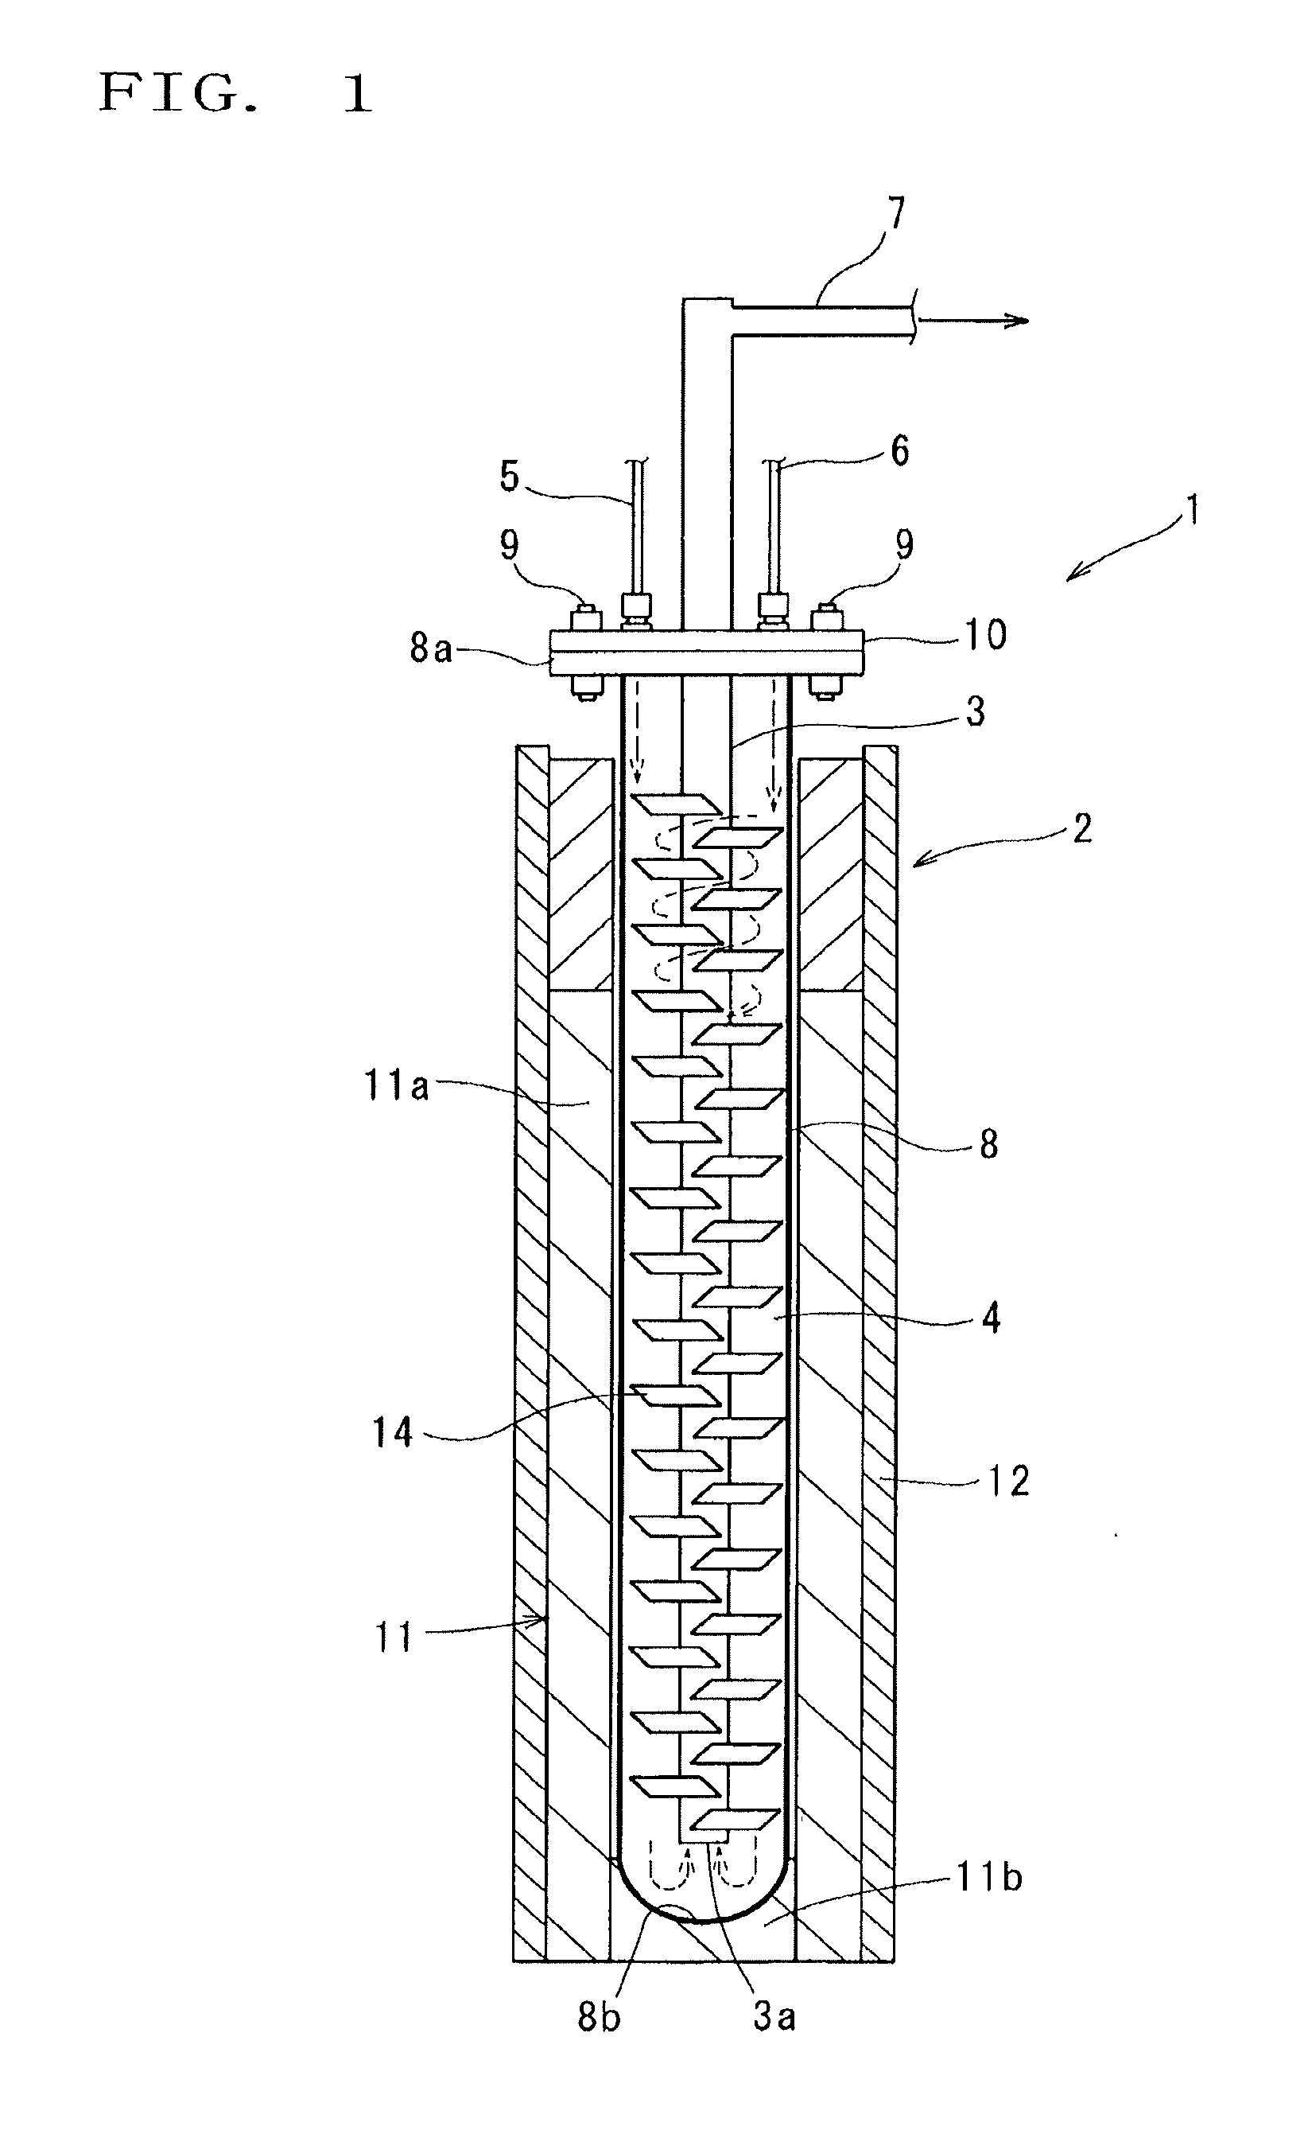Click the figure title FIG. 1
pos(236,93)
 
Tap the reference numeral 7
pos(895,213)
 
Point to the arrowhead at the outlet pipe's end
pos(1018,321)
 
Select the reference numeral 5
pos(510,476)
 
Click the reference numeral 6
pos(900,451)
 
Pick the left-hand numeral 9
pos(510,545)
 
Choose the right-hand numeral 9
pos(904,545)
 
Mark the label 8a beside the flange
pos(431,648)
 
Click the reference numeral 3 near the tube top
pos(976,712)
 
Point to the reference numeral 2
pos(1081,829)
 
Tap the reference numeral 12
pos(1008,1481)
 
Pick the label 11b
pos(989,1879)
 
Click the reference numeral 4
pos(991,1318)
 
